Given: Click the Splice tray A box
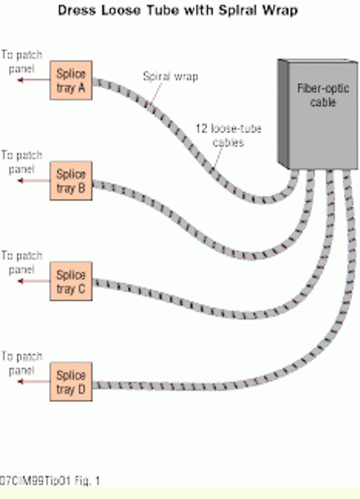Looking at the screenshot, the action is [71, 80].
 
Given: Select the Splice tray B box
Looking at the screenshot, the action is [71, 181].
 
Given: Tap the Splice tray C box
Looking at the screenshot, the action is [71, 281].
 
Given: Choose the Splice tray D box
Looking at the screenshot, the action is [71, 381].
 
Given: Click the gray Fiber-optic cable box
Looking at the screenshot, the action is [318, 114].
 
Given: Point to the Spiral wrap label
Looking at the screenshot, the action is [171, 76].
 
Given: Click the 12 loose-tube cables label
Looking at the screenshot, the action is [228, 135].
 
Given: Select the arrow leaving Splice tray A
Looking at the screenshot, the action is [34, 80].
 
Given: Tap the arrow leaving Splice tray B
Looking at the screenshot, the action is [34, 181].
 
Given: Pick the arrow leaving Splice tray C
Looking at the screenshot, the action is [34, 281].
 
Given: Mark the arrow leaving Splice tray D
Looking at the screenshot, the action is [34, 381].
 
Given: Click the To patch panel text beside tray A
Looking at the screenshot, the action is [22, 62].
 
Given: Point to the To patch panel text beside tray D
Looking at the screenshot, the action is [22, 363].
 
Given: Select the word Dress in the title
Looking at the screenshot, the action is [78, 10].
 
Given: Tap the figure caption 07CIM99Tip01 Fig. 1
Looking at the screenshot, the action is [49, 480].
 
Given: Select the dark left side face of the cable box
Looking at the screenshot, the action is [283, 113].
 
